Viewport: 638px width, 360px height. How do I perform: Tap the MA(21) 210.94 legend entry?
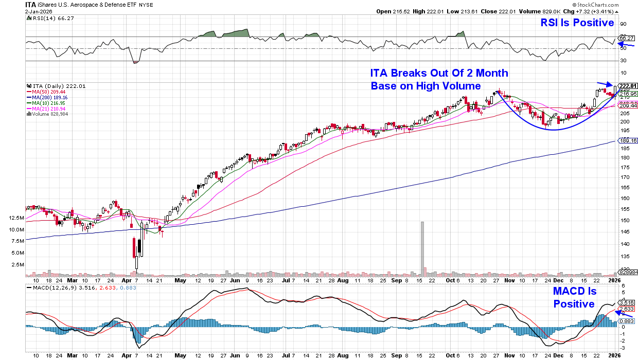(x=47, y=109)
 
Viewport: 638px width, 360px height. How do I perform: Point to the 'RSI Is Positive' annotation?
(x=577, y=23)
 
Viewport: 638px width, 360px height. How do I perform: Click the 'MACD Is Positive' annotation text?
(x=574, y=298)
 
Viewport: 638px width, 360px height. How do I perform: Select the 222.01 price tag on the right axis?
(x=627, y=86)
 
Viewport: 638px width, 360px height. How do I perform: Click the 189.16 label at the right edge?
(x=627, y=140)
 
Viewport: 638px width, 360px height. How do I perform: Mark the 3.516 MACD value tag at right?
(x=627, y=302)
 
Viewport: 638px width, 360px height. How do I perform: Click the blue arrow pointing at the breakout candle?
(x=604, y=84)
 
